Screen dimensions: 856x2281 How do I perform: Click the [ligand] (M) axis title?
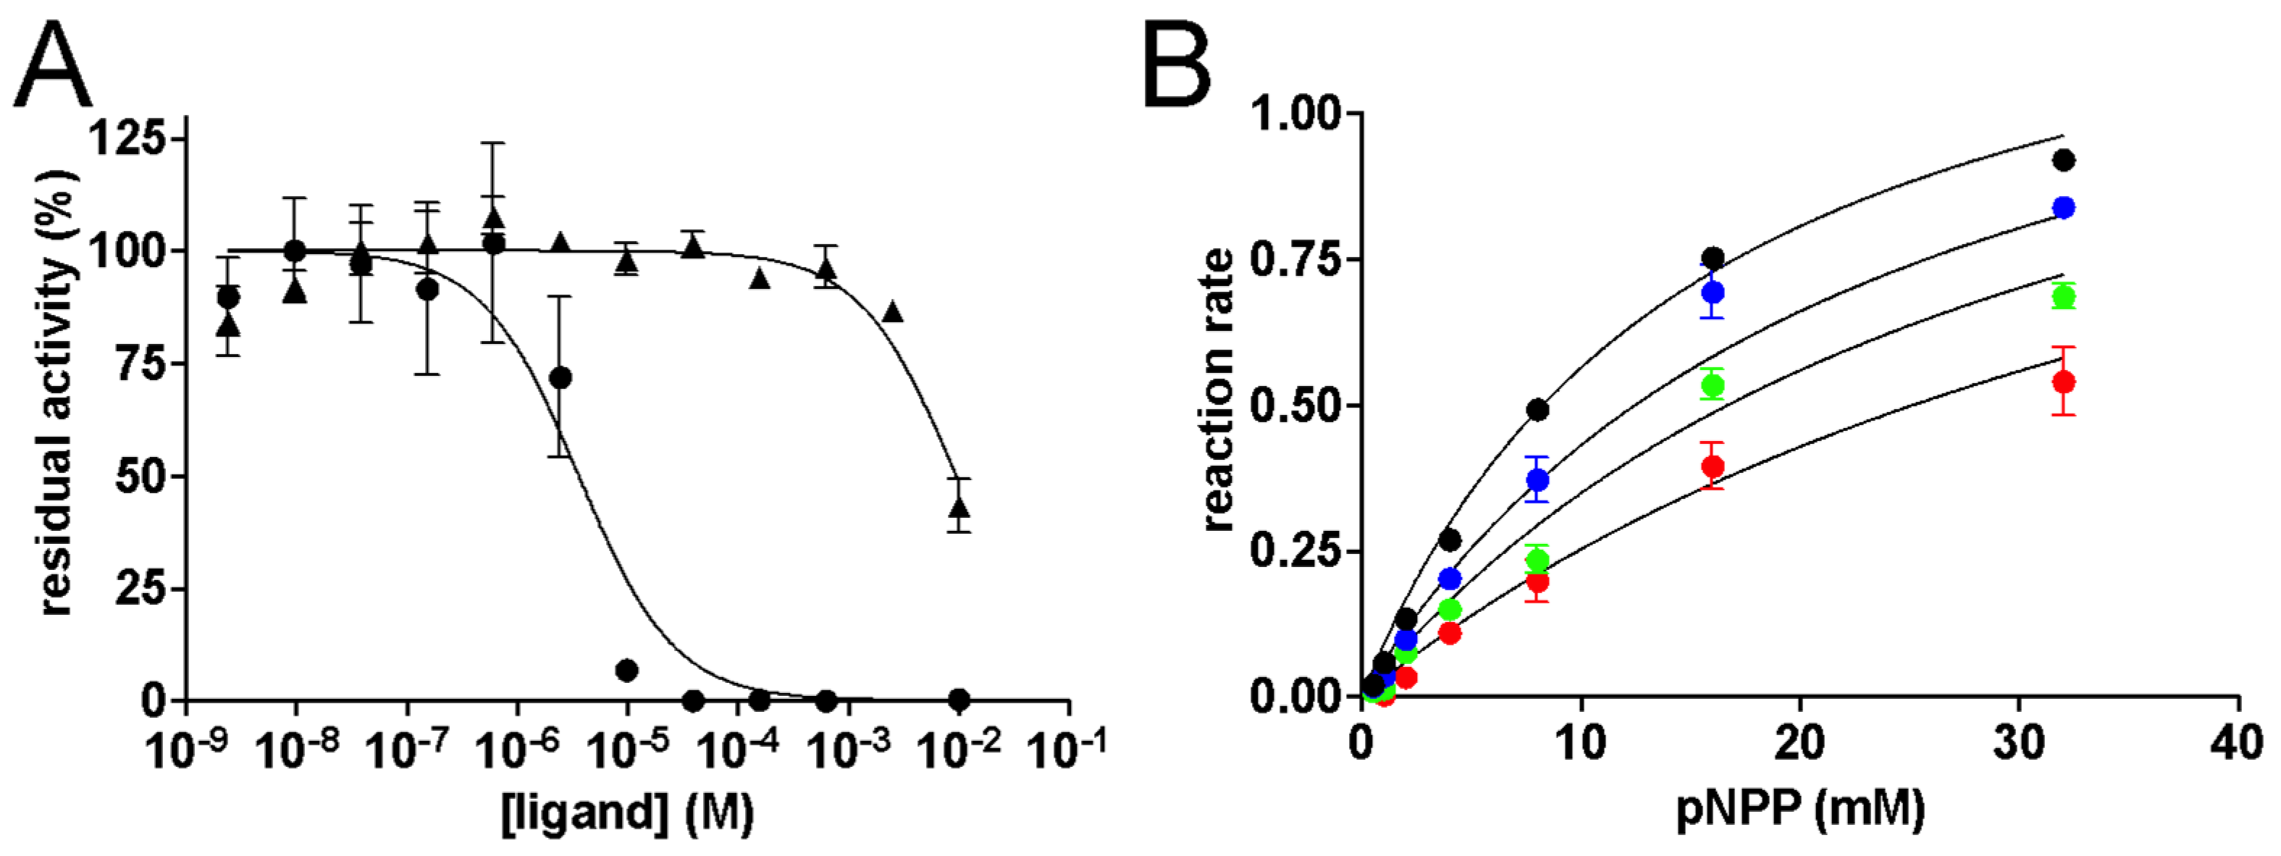627,812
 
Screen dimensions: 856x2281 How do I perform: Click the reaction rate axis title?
1219,390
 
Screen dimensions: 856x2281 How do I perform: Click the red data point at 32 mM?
2063,382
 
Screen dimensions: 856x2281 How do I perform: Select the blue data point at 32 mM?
2063,207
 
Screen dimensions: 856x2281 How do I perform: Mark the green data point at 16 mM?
1713,385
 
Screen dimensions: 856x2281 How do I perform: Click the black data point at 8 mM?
1538,410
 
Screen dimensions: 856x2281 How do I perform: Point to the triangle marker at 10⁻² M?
959,507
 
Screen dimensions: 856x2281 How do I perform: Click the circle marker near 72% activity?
560,378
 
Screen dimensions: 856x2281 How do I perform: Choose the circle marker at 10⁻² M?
958,700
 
